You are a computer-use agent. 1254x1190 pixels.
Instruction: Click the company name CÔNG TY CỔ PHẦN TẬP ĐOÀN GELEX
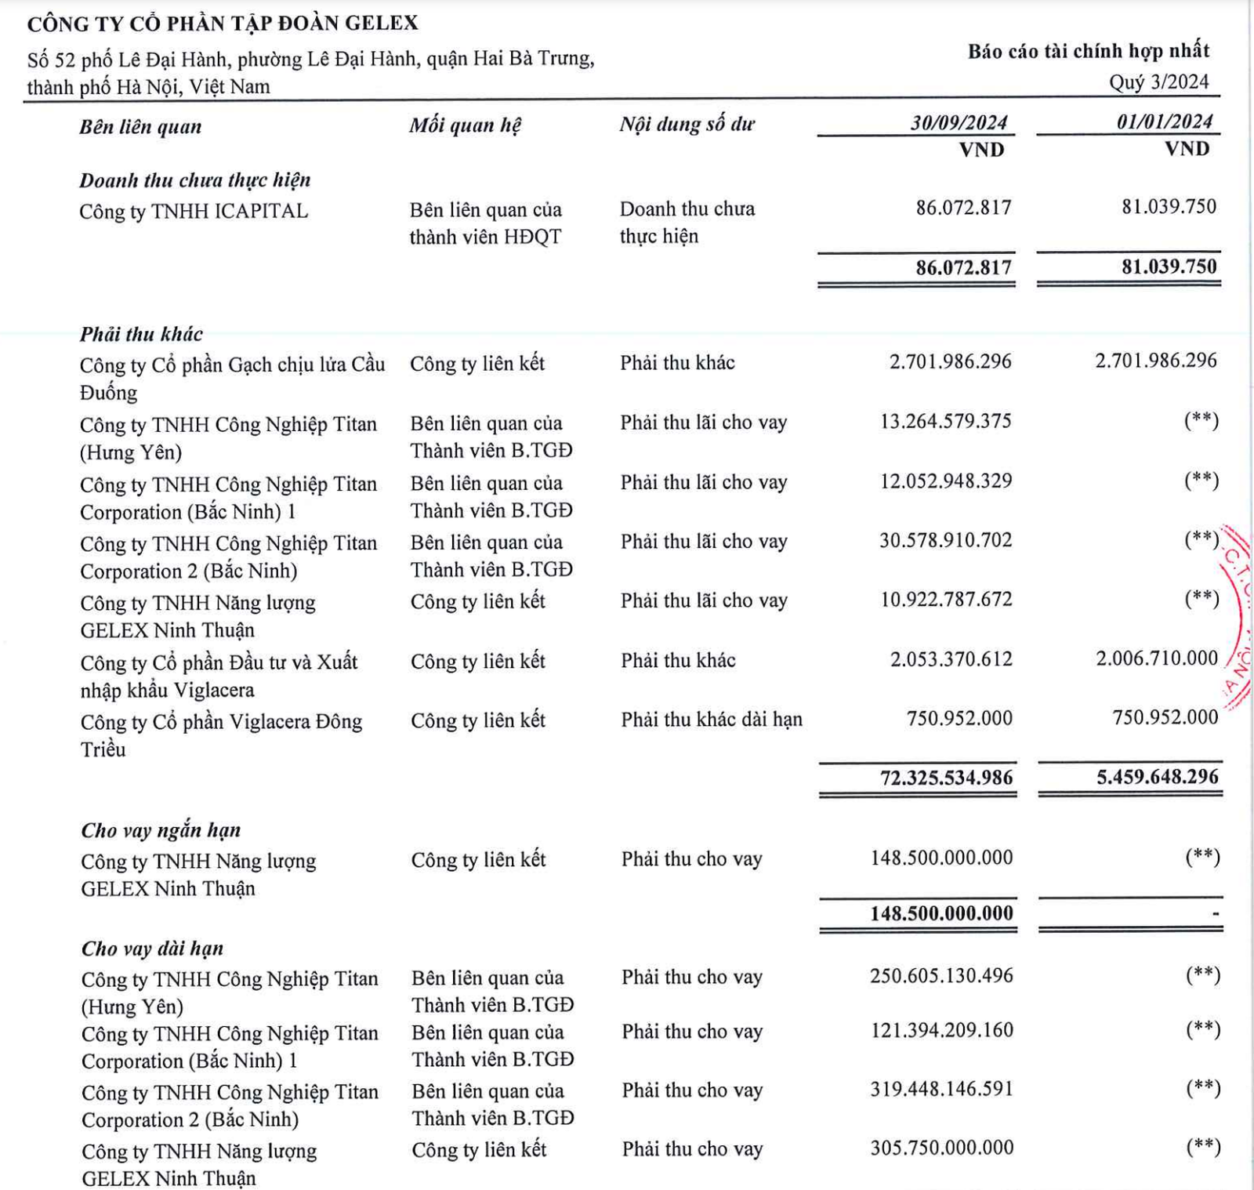pyautogui.click(x=223, y=24)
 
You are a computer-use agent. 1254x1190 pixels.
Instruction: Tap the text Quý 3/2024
pyautogui.click(x=1158, y=82)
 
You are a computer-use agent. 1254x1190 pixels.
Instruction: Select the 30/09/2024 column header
pyautogui.click(x=958, y=123)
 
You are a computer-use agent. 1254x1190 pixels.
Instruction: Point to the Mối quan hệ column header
pyautogui.click(x=465, y=125)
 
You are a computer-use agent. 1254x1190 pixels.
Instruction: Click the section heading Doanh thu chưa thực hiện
pyautogui.click(x=195, y=180)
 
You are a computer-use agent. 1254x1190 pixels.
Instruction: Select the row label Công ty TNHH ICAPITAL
pyautogui.click(x=194, y=212)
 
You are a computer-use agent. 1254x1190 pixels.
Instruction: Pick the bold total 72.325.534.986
pyautogui.click(x=946, y=778)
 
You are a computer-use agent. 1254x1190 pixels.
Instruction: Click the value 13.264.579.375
pyautogui.click(x=945, y=422)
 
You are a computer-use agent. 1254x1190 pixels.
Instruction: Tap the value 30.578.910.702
pyautogui.click(x=945, y=540)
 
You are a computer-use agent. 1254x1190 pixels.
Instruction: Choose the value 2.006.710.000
pyautogui.click(x=1156, y=658)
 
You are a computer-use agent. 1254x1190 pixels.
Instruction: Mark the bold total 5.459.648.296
pyautogui.click(x=1157, y=777)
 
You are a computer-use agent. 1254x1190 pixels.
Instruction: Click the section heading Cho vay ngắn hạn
pyautogui.click(x=161, y=830)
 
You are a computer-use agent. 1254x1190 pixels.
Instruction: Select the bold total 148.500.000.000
pyautogui.click(x=941, y=913)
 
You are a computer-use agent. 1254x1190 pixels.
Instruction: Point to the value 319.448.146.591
pyautogui.click(x=941, y=1089)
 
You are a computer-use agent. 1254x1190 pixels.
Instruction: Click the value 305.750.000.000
pyautogui.click(x=941, y=1148)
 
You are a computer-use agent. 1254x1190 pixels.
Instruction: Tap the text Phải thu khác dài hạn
pyautogui.click(x=712, y=720)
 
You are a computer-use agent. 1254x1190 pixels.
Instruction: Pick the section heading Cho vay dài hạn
pyautogui.click(x=152, y=949)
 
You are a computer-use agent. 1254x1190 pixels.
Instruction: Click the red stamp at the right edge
pyautogui.click(x=1237, y=619)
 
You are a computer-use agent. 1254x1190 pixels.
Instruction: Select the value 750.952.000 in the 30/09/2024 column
pyautogui.click(x=959, y=718)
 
